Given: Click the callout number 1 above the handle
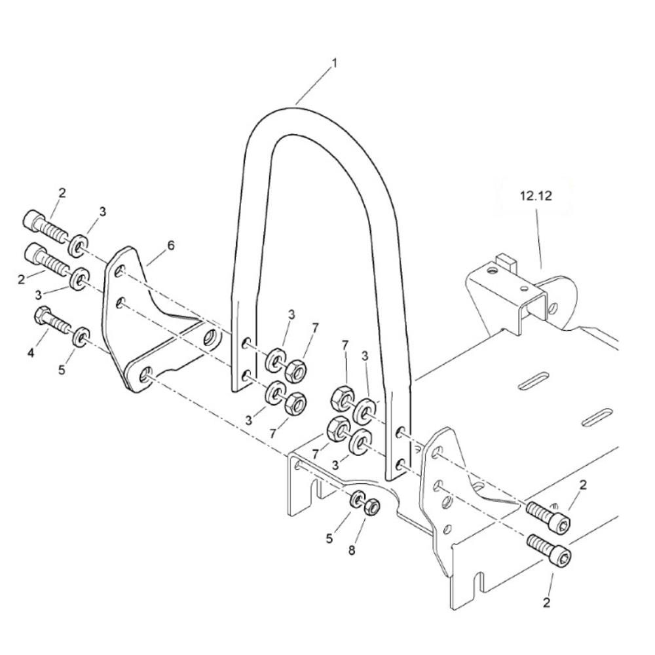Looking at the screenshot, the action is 335,64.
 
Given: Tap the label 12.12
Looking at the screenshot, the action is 536,195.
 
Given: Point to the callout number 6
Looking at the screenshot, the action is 171,246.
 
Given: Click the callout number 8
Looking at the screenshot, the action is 352,551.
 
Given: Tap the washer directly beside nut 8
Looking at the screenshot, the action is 358,499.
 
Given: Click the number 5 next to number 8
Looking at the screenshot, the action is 330,538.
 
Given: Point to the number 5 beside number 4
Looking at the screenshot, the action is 62,370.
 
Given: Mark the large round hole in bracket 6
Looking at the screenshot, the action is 212,339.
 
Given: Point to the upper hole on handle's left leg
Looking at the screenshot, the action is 246,343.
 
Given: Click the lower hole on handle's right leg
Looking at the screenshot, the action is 399,464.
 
